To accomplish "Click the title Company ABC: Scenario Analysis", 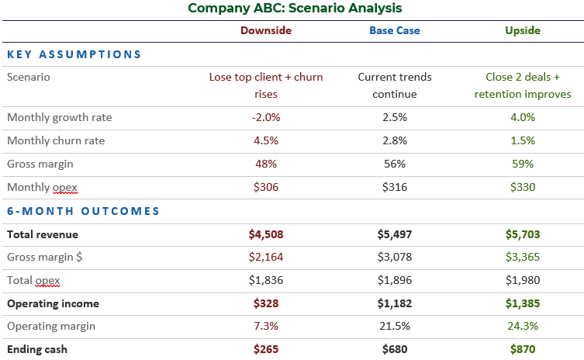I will (295, 9).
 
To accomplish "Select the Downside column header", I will (266, 30).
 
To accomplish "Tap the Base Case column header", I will (394, 30).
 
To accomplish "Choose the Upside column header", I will (523, 30).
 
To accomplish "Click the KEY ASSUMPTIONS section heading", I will (74, 54).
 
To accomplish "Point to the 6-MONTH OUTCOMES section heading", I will (83, 210).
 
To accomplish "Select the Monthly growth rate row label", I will (60, 117).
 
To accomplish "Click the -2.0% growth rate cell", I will (266, 117).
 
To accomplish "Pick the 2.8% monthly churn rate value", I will (394, 140).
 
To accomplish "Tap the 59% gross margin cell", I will (523, 164).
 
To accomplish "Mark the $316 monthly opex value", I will (394, 187).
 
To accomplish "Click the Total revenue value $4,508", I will (266, 234).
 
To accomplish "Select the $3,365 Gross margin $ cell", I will (523, 257).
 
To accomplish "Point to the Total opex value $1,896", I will (394, 280).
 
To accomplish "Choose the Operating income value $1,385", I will (523, 303).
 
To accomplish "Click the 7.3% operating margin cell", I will (266, 327).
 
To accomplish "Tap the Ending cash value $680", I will (394, 349).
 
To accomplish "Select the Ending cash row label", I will (37, 349).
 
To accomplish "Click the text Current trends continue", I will (394, 85).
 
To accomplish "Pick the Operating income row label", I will (54, 303).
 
